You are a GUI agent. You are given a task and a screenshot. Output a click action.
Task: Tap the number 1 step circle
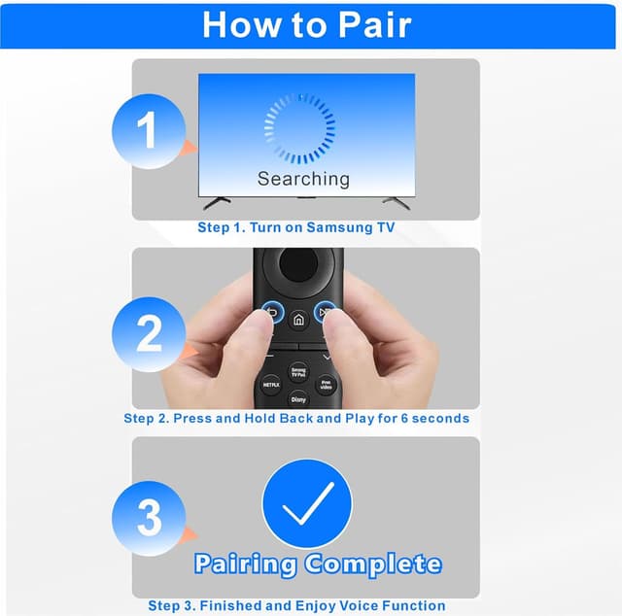click(x=147, y=132)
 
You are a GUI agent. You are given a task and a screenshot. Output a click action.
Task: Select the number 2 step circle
click(x=149, y=333)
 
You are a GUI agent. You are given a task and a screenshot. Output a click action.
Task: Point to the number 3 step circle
click(x=149, y=518)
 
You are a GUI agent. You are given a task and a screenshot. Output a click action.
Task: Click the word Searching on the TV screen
click(x=303, y=179)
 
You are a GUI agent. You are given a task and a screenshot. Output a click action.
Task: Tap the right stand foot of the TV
click(x=395, y=201)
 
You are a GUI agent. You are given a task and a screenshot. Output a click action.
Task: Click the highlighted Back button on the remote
click(x=270, y=314)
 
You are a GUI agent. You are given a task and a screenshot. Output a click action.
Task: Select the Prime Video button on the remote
click(x=326, y=385)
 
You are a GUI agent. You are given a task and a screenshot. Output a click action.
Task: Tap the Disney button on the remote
click(x=298, y=397)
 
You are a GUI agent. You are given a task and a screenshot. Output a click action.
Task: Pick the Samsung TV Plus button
click(x=298, y=372)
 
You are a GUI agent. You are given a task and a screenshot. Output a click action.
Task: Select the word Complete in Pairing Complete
click(x=373, y=564)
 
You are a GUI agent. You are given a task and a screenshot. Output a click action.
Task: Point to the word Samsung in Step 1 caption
click(x=313, y=227)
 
